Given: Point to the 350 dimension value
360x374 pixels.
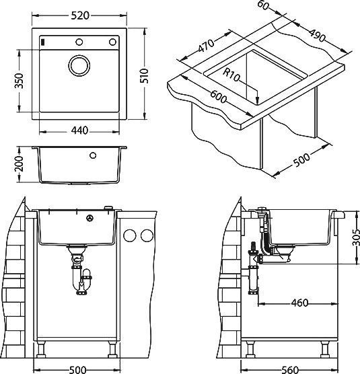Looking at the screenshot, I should coord(20,81).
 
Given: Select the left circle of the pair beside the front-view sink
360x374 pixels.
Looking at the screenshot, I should coord(130,236).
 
